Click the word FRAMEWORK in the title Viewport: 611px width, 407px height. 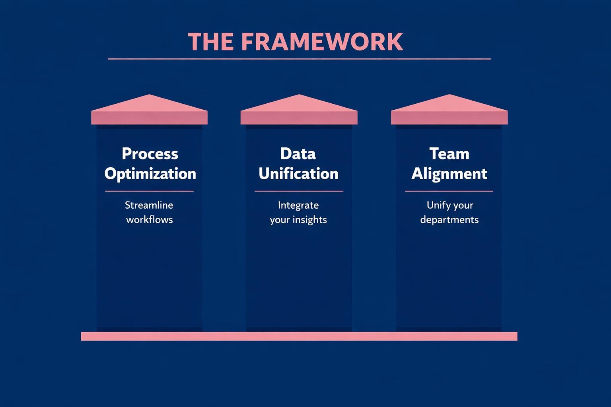[x=322, y=42]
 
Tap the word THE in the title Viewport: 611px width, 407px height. [x=210, y=42]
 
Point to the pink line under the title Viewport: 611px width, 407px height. [x=299, y=59]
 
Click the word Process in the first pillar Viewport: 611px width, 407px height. [x=150, y=154]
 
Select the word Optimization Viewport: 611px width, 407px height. [x=150, y=174]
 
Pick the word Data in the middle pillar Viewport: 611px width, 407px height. [x=298, y=154]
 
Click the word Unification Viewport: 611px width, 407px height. [x=298, y=174]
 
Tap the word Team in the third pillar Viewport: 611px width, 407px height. [x=449, y=154]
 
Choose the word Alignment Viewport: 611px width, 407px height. [x=449, y=174]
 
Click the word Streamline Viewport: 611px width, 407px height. [x=149, y=205]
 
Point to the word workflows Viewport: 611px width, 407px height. [x=150, y=219]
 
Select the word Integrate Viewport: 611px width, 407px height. [x=298, y=205]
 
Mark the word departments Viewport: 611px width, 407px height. [x=449, y=219]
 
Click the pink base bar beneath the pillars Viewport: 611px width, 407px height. [x=299, y=336]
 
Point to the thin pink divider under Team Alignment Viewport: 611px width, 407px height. [x=449, y=191]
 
